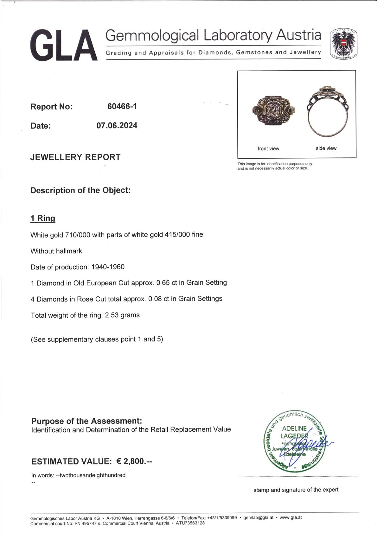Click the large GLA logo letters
(63, 45)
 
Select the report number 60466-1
(122, 106)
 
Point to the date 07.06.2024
(117, 125)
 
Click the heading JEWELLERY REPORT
(75, 157)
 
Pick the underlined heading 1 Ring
(43, 218)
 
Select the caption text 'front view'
(268, 149)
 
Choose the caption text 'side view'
(326, 148)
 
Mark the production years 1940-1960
(108, 267)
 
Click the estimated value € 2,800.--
(134, 461)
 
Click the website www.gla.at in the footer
(291, 517)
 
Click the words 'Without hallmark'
(56, 251)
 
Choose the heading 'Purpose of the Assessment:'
(86, 421)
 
